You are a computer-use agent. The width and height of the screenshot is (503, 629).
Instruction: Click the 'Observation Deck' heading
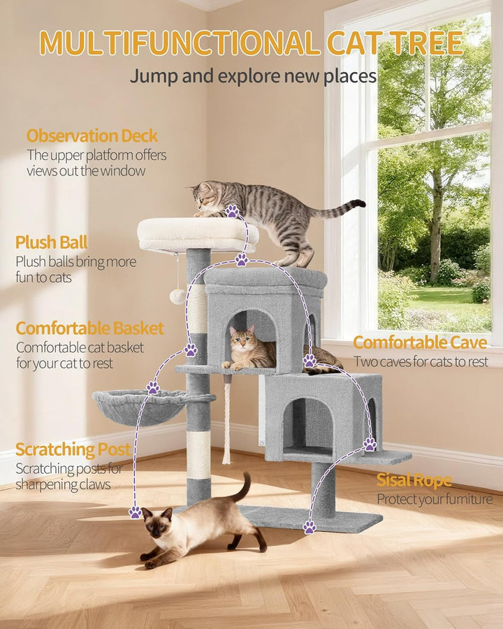(x=92, y=136)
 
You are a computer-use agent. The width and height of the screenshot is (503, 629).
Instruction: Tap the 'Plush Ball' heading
(x=51, y=243)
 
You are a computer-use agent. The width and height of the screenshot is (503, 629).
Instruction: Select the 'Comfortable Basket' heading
(x=90, y=328)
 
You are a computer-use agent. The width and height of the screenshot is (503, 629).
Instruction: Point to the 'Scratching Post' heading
(x=73, y=449)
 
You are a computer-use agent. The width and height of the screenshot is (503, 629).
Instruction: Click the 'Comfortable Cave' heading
(x=420, y=342)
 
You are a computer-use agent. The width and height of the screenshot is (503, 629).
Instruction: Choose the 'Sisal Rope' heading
(x=414, y=480)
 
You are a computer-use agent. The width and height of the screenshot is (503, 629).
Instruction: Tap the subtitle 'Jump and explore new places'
(x=253, y=76)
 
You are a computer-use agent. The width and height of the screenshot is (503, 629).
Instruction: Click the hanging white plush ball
(x=177, y=296)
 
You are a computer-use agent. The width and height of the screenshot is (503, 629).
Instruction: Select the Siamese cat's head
(x=156, y=522)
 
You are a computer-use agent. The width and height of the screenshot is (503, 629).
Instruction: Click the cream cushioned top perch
(x=197, y=234)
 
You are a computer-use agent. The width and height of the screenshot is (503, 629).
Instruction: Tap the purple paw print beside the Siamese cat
(x=135, y=512)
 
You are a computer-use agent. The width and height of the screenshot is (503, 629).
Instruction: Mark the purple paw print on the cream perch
(x=232, y=211)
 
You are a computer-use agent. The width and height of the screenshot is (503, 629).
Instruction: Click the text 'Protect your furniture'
(x=435, y=500)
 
